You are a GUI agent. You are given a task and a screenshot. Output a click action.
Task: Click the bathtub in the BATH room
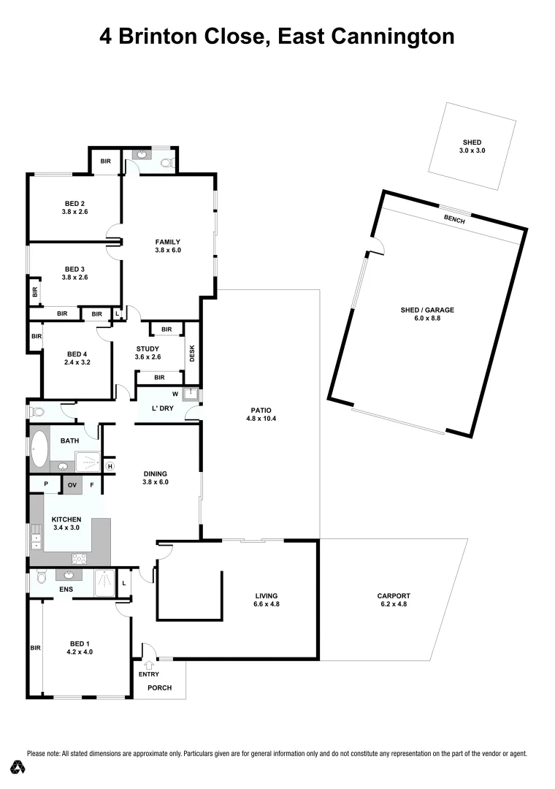coord(39,449)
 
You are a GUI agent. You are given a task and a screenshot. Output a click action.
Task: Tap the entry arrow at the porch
coord(149,665)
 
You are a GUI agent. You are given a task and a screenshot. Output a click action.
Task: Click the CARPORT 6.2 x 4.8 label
coord(395,600)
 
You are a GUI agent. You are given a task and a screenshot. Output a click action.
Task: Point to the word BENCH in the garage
coord(454,218)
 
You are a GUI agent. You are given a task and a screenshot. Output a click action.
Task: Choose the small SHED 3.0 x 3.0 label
coord(472,146)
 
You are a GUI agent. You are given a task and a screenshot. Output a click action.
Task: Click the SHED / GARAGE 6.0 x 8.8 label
coord(427,314)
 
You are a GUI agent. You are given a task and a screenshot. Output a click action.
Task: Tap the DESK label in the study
coord(193,354)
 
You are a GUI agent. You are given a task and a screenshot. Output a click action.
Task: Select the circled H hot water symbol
coord(110,466)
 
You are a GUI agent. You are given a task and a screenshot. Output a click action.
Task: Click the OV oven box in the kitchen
coord(72,485)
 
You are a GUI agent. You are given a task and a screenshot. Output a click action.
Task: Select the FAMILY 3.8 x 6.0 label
coord(167,245)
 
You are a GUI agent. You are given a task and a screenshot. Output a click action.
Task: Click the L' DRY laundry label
coord(162,408)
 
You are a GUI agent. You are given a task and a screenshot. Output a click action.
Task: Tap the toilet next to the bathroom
coord(37,412)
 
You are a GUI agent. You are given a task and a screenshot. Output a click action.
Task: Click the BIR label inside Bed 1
coord(34,647)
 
